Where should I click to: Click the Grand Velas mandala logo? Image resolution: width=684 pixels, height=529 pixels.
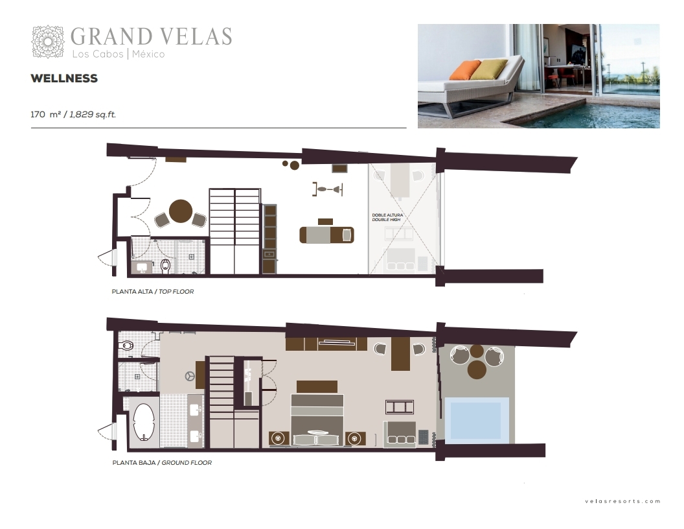click(48, 41)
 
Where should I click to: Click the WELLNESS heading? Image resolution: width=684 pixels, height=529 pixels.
click(64, 78)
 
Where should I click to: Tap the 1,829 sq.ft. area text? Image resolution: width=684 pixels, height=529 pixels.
click(93, 114)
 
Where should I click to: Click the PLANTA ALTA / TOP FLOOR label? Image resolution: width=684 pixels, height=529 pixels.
click(153, 292)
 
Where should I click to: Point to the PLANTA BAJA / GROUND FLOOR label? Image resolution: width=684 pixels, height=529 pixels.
click(162, 463)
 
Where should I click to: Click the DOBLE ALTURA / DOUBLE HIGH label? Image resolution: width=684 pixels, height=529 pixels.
click(387, 217)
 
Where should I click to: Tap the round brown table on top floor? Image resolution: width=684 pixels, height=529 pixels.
click(181, 211)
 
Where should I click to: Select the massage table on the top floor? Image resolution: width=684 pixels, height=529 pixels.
click(326, 235)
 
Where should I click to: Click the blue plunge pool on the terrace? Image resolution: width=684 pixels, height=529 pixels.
click(475, 421)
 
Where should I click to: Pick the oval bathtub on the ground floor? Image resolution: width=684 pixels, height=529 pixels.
click(144, 421)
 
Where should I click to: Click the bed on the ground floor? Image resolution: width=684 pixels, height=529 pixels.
click(317, 419)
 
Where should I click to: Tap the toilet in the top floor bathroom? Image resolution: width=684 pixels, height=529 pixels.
click(165, 266)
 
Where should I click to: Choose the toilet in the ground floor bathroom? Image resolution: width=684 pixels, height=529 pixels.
click(126, 346)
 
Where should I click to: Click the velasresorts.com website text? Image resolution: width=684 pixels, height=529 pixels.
click(622, 501)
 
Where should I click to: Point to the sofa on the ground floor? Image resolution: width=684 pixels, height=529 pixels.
click(400, 434)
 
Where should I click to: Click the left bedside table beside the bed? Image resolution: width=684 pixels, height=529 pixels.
click(279, 438)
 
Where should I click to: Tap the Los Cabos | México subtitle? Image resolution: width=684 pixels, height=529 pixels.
click(119, 54)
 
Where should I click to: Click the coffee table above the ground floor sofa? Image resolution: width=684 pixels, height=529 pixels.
click(400, 407)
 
